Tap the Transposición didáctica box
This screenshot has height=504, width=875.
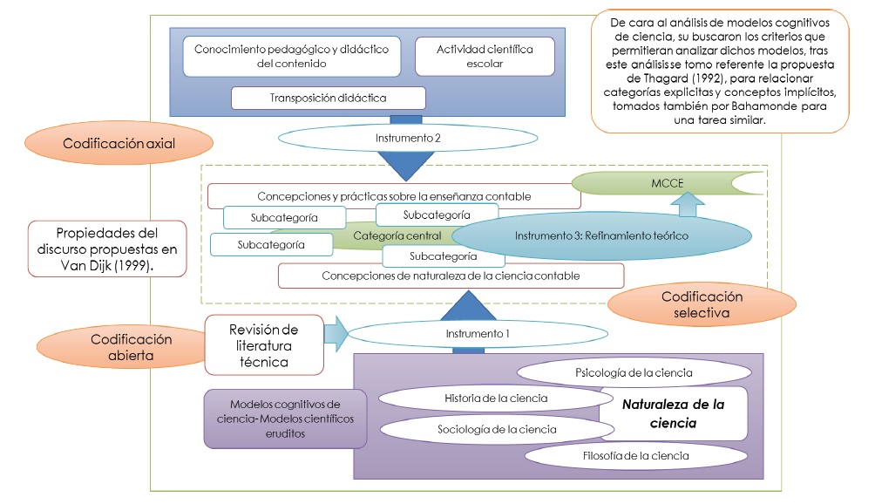pyautogui.click(x=328, y=98)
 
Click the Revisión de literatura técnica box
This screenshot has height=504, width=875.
pyautogui.click(x=264, y=344)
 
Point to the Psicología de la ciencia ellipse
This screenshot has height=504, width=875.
pyautogui.click(x=634, y=372)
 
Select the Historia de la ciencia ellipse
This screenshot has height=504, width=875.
pyautogui.click(x=496, y=398)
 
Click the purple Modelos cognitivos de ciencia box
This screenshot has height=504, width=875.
pyautogui.click(x=285, y=419)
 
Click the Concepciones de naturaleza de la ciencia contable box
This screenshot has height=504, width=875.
pyautogui.click(x=451, y=276)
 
